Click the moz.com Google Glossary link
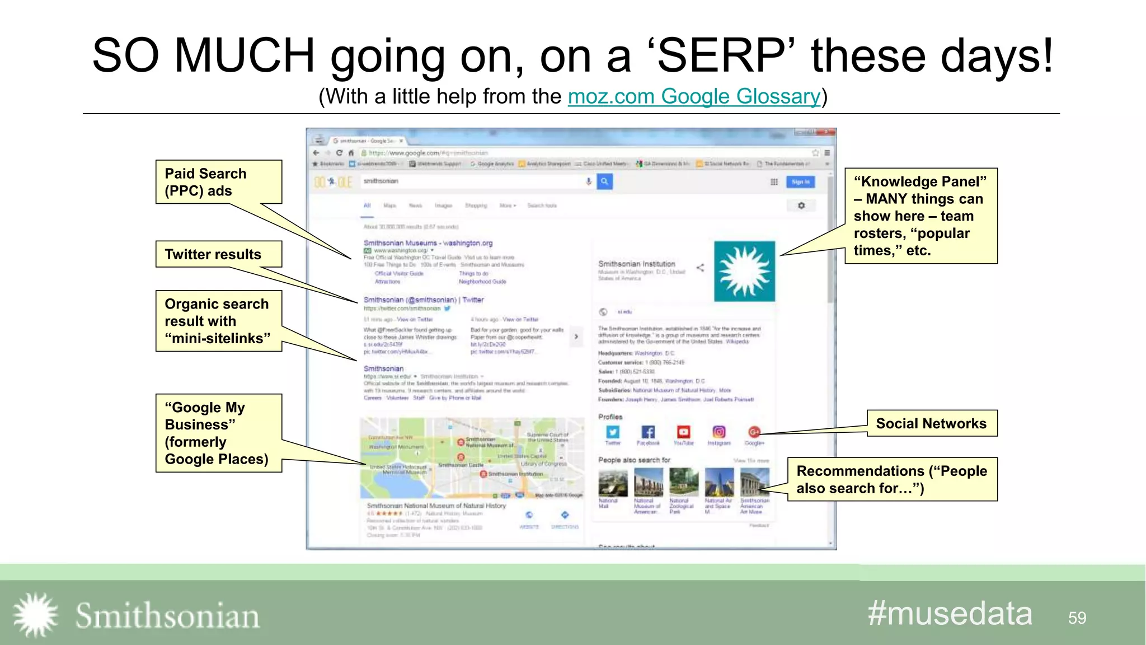point(694,97)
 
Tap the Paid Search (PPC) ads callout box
point(218,182)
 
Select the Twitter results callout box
point(218,254)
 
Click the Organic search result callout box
point(218,321)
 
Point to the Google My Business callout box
point(218,433)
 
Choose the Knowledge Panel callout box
point(920,216)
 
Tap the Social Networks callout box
point(932,423)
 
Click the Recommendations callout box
point(892,479)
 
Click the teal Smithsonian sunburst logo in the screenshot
point(744,272)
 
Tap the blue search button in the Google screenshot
point(604,181)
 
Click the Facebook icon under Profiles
point(648,432)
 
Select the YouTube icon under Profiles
point(683,432)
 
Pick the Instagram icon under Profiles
point(719,432)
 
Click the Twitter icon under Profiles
point(613,432)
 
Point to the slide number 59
point(1077,618)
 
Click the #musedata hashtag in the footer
point(950,614)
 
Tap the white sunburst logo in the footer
point(35,615)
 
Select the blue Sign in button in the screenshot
point(800,182)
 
